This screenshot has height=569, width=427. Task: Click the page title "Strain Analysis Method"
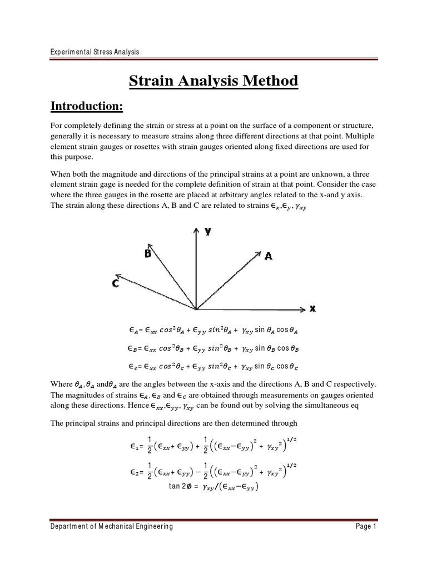tap(213, 81)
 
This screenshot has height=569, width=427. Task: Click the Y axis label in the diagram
tap(208, 232)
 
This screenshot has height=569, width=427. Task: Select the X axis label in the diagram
tap(312, 309)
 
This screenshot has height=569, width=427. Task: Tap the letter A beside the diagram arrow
tap(269, 256)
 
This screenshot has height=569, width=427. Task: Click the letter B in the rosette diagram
tap(148, 253)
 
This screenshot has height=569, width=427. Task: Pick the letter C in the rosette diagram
tap(115, 283)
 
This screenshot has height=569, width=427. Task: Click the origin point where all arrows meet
tap(196, 308)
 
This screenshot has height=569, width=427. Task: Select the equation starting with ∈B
tap(213, 348)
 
